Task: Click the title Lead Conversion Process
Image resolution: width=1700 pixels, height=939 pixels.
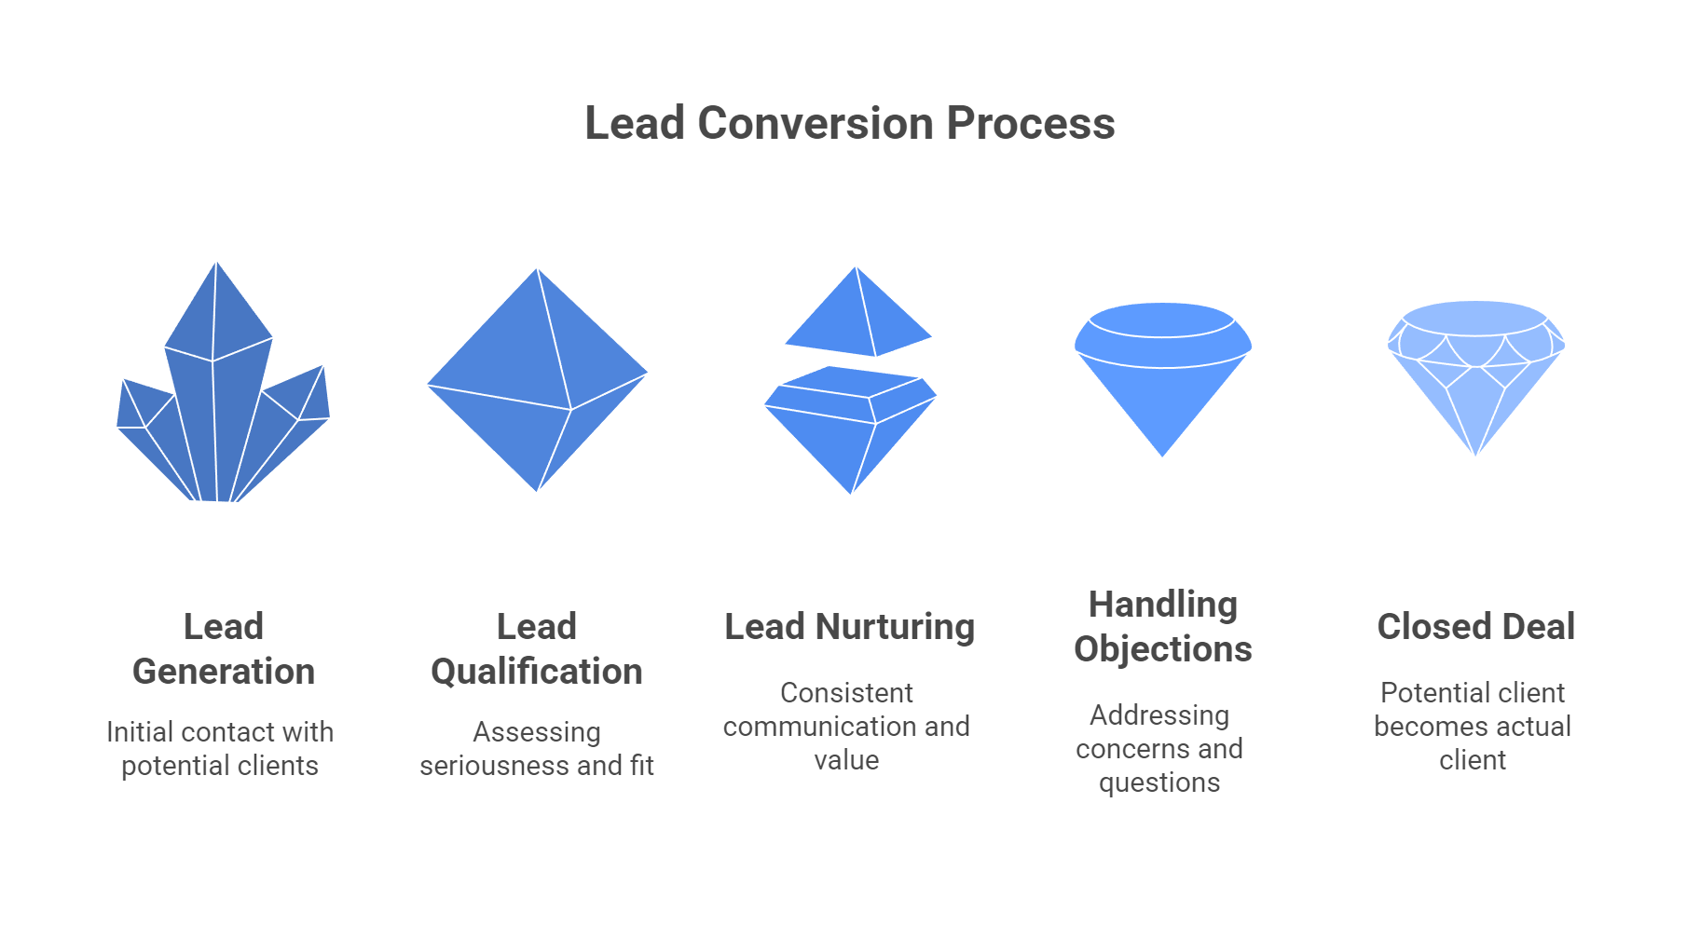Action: (849, 123)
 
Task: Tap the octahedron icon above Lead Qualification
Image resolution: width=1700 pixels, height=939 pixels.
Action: (537, 380)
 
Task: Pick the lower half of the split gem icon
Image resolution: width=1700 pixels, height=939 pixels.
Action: (850, 429)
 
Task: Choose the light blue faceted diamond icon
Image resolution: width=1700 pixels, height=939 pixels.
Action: (1475, 373)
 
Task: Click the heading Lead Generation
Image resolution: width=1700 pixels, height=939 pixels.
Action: (224, 648)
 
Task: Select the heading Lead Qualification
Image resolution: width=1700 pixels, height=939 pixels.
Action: (537, 648)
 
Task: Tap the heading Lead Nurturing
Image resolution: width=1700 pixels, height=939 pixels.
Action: (849, 627)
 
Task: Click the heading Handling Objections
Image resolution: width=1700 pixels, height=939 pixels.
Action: (1162, 626)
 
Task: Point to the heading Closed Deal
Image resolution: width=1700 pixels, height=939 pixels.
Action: (1475, 627)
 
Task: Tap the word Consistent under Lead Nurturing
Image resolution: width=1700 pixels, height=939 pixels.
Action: (846, 693)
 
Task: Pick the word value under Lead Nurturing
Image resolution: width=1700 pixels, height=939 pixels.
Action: (846, 760)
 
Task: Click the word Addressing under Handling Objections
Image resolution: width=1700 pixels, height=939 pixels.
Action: (1159, 715)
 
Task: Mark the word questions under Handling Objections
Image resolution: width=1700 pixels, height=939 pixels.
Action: (1159, 782)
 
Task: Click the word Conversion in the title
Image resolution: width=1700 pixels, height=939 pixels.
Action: (815, 123)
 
